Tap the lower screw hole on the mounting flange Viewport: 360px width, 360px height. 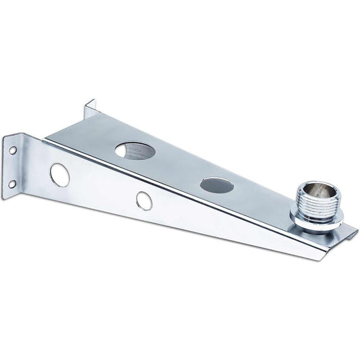pos(13,183)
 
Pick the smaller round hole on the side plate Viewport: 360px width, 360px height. pos(143,200)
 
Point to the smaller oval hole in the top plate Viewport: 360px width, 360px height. pos(217,184)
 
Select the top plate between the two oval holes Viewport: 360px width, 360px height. pos(177,165)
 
